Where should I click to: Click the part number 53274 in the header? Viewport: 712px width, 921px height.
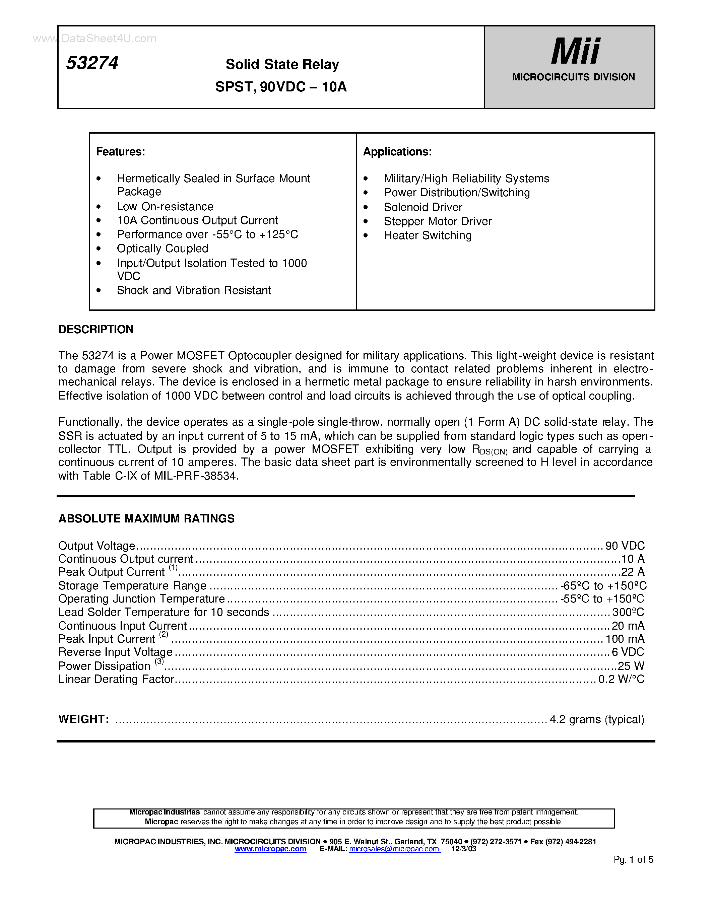[92, 63]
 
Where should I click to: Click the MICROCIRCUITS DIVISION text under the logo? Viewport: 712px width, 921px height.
[573, 77]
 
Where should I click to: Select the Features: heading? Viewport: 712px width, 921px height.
[121, 151]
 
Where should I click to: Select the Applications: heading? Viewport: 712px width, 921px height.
[397, 151]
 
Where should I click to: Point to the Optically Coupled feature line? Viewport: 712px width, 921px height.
[163, 249]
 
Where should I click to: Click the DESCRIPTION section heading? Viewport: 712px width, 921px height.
[96, 329]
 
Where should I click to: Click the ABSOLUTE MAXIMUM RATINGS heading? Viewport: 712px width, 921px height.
[146, 518]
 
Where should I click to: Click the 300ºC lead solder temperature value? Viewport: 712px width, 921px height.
[628, 612]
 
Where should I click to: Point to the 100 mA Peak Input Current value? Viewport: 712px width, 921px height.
[625, 639]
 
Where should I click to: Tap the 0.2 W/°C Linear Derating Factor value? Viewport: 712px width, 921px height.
[621, 679]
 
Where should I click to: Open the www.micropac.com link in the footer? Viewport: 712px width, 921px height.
[270, 849]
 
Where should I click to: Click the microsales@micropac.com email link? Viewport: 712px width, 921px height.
[394, 849]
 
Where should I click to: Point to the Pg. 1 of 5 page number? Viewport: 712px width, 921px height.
[633, 859]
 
